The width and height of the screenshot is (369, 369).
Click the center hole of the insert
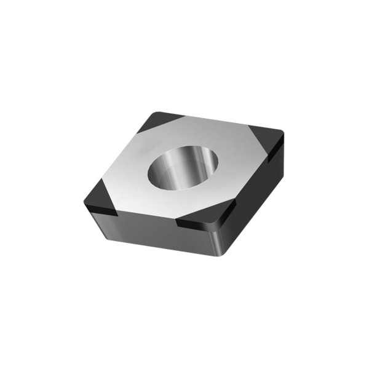[184, 168]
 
